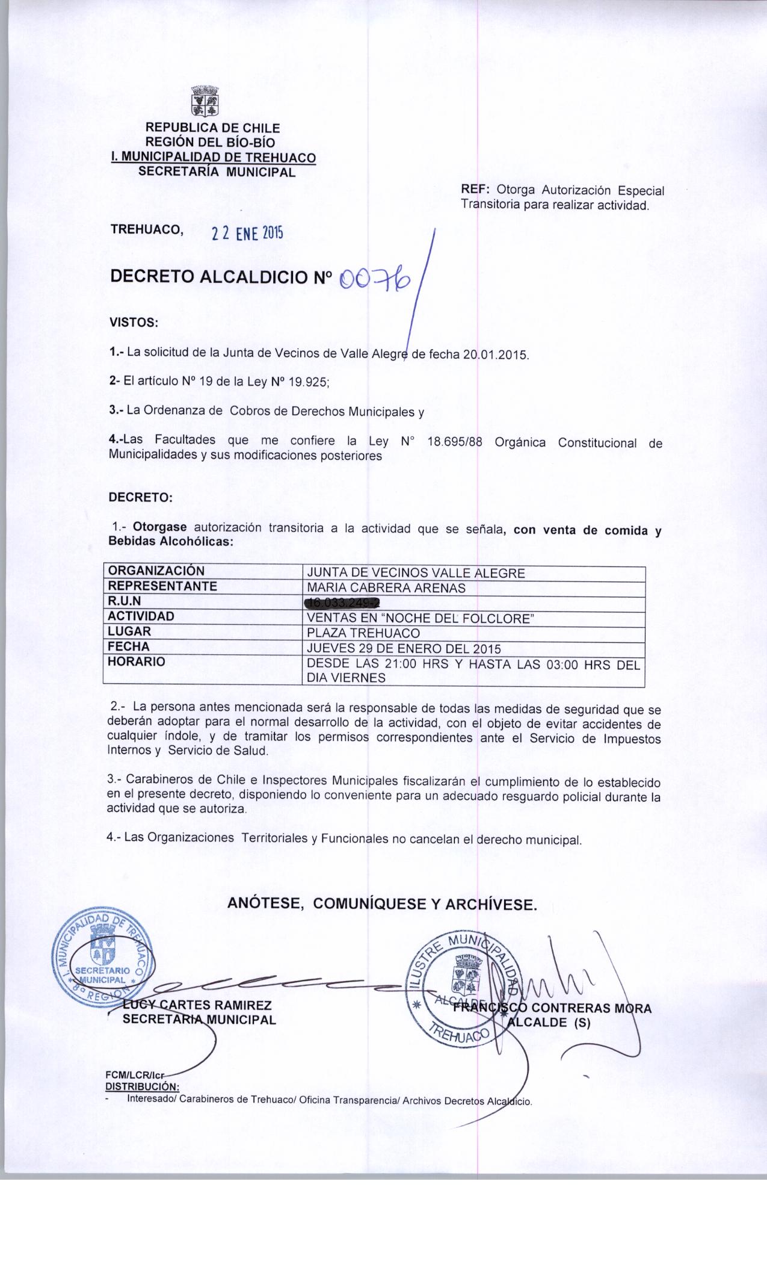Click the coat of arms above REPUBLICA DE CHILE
[x=205, y=101]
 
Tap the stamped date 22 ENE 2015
[x=246, y=233]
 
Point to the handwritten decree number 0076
[x=375, y=278]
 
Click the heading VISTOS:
[x=133, y=323]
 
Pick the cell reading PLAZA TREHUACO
[x=363, y=633]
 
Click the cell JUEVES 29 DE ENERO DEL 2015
[x=404, y=649]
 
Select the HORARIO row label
[x=136, y=661]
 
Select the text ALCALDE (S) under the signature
[x=549, y=1021]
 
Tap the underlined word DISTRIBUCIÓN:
[x=142, y=1086]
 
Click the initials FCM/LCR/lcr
[x=135, y=1076]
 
